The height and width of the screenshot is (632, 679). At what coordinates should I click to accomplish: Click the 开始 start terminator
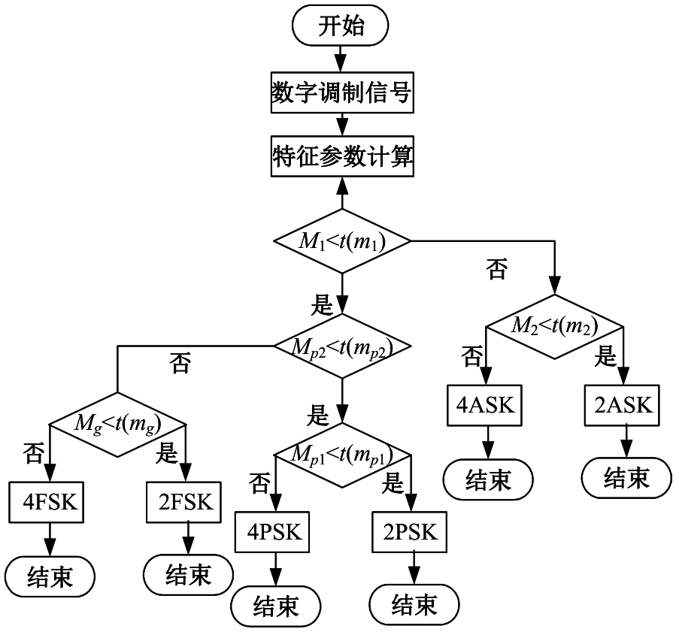[341, 27]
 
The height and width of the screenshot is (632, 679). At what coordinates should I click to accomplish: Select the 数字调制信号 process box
[341, 92]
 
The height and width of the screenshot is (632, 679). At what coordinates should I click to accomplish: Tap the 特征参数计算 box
[341, 157]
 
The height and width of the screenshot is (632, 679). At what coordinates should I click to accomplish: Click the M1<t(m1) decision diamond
[342, 242]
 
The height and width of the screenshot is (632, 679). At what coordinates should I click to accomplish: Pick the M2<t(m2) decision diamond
[555, 326]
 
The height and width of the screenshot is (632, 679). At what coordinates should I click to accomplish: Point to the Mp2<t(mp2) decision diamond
[342, 347]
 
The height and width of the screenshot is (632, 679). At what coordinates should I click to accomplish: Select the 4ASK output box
[485, 406]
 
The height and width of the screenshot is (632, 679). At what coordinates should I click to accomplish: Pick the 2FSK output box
[184, 502]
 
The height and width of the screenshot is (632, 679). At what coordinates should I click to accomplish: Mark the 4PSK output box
[274, 533]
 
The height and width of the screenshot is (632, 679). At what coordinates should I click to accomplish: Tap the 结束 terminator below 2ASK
[626, 478]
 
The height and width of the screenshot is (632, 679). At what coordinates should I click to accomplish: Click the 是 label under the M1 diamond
[321, 304]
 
